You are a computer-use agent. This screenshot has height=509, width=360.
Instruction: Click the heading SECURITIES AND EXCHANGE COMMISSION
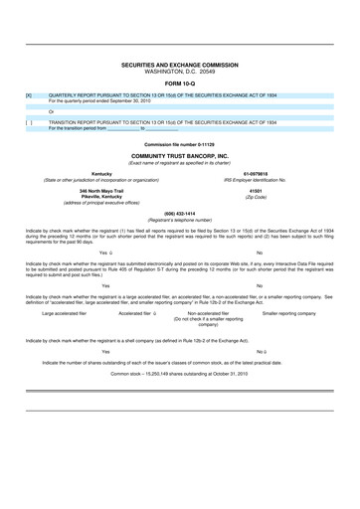[180, 63]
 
